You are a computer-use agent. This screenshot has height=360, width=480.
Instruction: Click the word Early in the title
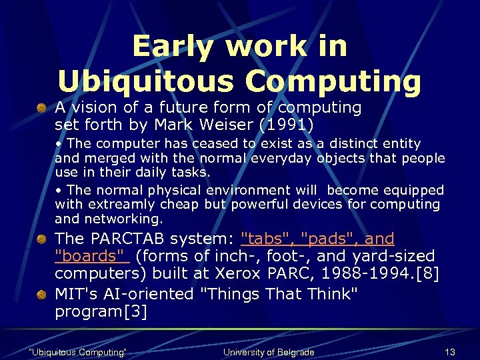173,47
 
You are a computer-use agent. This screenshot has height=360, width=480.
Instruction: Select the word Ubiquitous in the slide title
144,81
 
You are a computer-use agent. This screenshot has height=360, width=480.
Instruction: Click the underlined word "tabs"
267,239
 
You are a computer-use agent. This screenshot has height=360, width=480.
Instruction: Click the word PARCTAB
126,239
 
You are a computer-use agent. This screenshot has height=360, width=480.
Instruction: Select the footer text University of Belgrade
269,352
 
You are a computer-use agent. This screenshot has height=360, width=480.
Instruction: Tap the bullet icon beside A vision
41,107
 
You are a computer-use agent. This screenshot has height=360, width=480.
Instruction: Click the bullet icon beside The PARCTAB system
41,239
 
